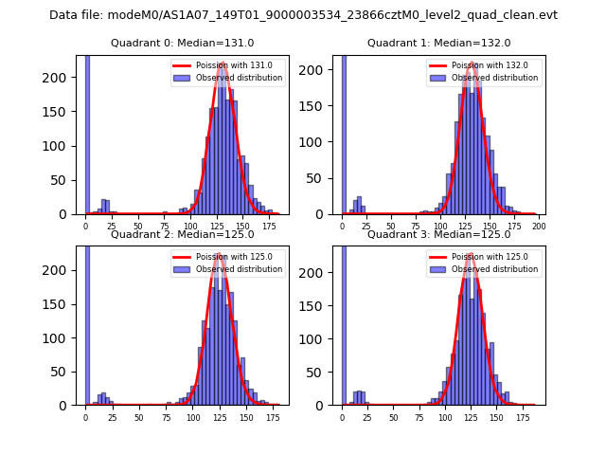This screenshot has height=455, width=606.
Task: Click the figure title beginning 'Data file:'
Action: tap(303, 15)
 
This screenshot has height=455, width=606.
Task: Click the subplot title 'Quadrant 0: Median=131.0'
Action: tap(182, 43)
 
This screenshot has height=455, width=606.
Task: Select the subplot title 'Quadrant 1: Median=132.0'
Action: tap(438, 43)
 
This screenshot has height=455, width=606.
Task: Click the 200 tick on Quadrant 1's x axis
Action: tap(540, 227)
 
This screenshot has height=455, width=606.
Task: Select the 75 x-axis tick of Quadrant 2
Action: tap(165, 418)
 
